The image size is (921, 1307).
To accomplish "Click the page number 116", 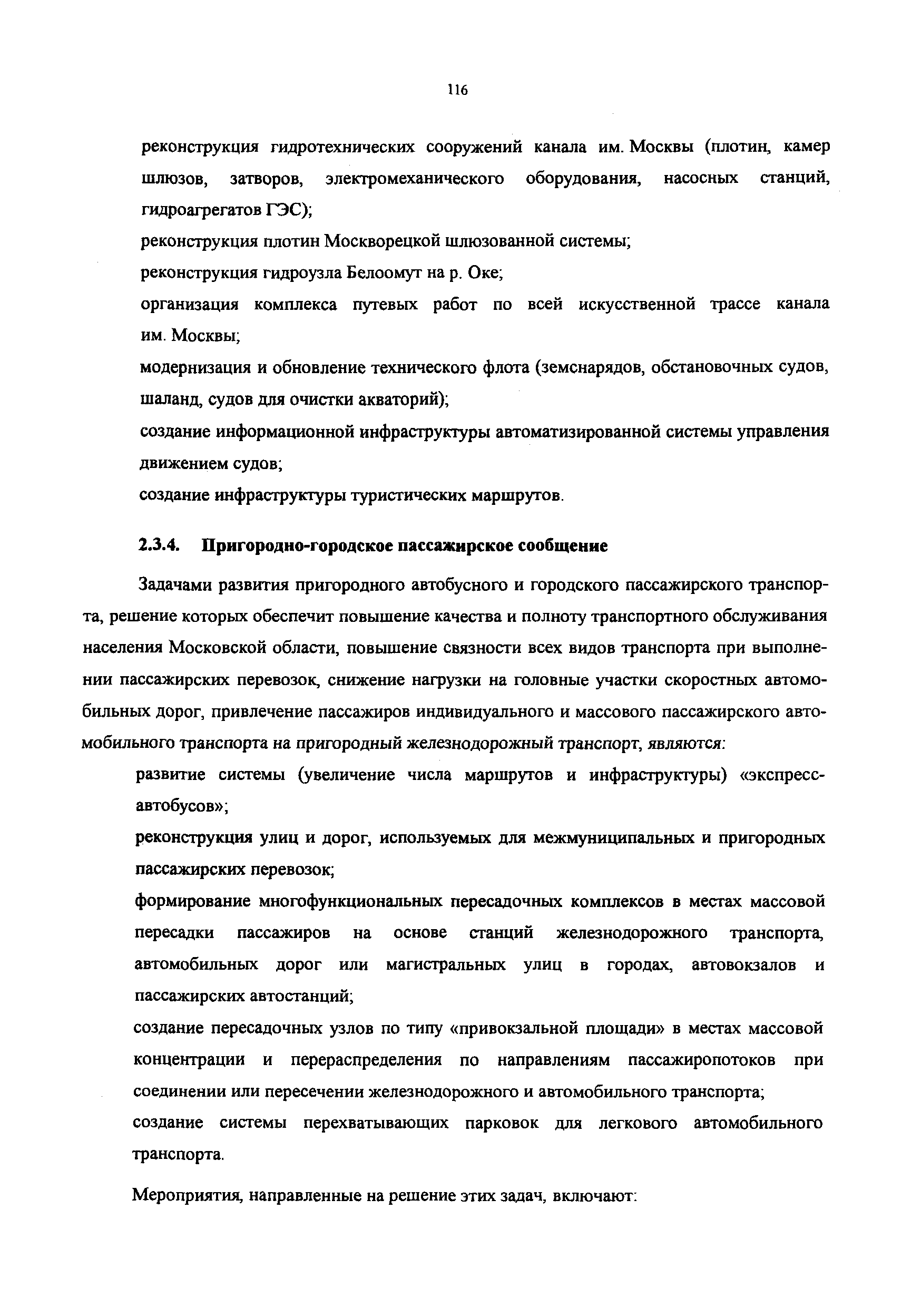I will pyautogui.click(x=457, y=90).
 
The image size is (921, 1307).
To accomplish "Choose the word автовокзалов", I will pyautogui.click(x=744, y=965).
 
